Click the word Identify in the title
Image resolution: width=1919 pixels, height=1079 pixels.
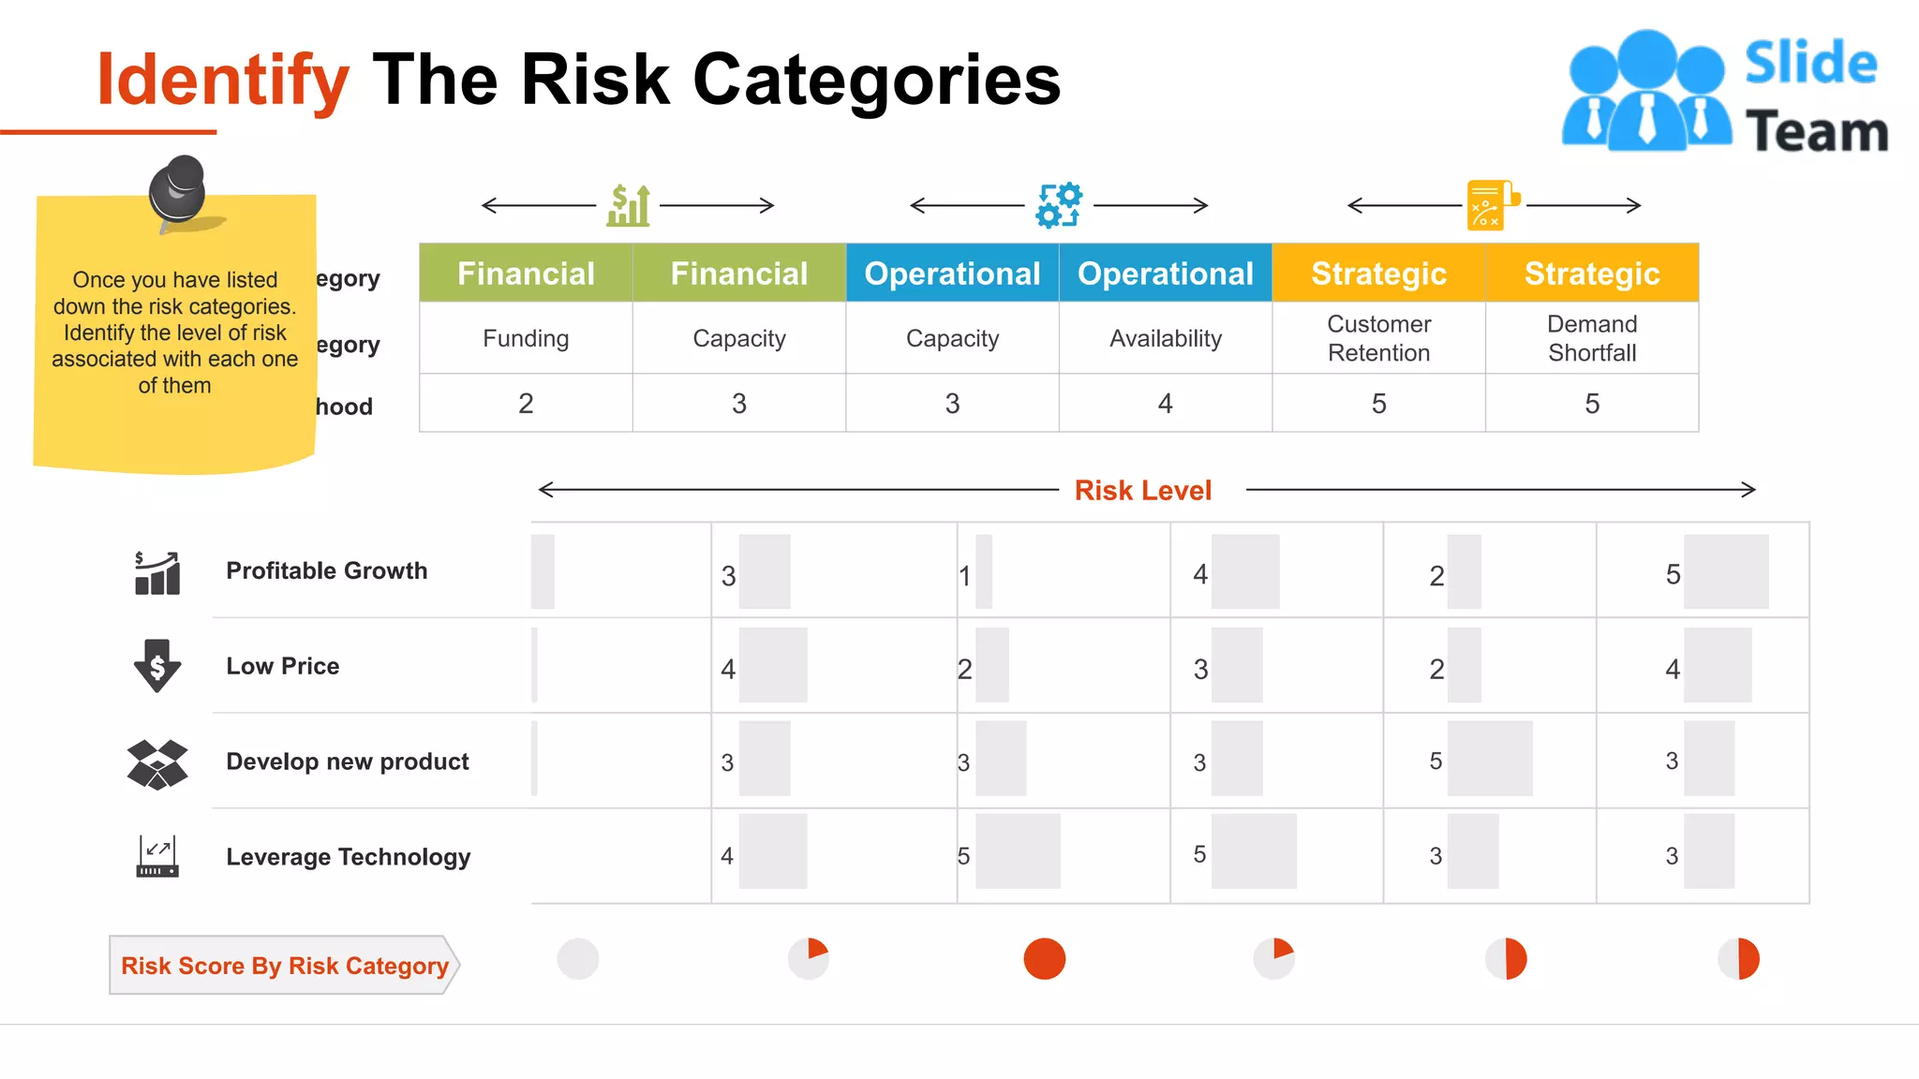tap(223, 81)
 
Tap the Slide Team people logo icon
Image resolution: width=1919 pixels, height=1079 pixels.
tap(1646, 92)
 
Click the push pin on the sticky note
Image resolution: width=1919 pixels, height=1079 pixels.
tap(178, 189)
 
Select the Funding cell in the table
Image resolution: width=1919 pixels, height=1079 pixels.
tap(526, 338)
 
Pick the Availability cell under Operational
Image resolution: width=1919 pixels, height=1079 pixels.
tap(1165, 338)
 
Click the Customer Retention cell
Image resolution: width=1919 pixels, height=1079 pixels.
tap(1378, 338)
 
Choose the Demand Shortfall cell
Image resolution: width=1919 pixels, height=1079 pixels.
tap(1591, 338)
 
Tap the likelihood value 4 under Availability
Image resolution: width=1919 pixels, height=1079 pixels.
tap(1165, 404)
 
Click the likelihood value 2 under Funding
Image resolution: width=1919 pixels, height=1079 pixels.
tap(526, 404)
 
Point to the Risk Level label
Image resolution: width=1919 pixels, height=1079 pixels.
tap(1142, 490)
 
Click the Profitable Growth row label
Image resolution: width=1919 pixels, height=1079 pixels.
tap(326, 570)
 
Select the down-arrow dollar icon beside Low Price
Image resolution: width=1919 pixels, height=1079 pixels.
tap(157, 666)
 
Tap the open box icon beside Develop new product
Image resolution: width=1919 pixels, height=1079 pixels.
tap(157, 763)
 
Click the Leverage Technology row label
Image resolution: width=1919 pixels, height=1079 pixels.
tap(348, 857)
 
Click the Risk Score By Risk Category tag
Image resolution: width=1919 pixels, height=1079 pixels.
tap(284, 966)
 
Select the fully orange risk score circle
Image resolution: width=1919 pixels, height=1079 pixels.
tap(1044, 959)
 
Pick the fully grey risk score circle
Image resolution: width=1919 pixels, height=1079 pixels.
tap(577, 959)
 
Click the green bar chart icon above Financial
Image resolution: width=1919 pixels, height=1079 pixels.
tap(628, 205)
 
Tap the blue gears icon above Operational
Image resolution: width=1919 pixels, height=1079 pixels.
tap(1059, 205)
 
